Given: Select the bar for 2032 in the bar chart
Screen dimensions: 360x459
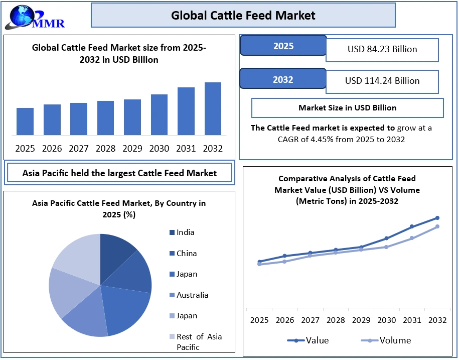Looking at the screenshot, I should tap(213, 108).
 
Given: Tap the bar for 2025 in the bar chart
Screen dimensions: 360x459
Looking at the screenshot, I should tap(25, 122).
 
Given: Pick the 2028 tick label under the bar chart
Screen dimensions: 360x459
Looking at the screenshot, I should tap(106, 149).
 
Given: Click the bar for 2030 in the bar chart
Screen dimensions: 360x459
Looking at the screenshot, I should tap(159, 114).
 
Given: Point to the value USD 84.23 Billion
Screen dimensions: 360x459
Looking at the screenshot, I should tap(382, 49).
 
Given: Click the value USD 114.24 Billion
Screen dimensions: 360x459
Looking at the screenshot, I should tap(382, 81).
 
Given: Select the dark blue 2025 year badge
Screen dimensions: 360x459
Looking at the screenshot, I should tap(283, 46).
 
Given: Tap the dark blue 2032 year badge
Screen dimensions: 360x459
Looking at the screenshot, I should tap(283, 79).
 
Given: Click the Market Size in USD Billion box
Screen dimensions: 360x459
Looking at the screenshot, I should tap(347, 108).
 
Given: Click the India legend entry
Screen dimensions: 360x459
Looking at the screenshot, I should tap(185, 232).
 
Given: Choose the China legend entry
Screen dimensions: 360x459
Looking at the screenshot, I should tap(186, 254).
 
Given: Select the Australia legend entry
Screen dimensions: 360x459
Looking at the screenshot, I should tap(192, 295).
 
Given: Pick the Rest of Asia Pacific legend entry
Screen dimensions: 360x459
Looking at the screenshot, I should tap(199, 341).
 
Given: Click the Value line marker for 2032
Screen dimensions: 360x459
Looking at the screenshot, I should tap(437, 218).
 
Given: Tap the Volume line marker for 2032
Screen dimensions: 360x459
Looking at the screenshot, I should tap(437, 226).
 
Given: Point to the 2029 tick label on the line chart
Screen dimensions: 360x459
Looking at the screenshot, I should tap(361, 320).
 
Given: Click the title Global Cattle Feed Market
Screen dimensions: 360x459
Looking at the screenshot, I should tap(243, 16).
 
